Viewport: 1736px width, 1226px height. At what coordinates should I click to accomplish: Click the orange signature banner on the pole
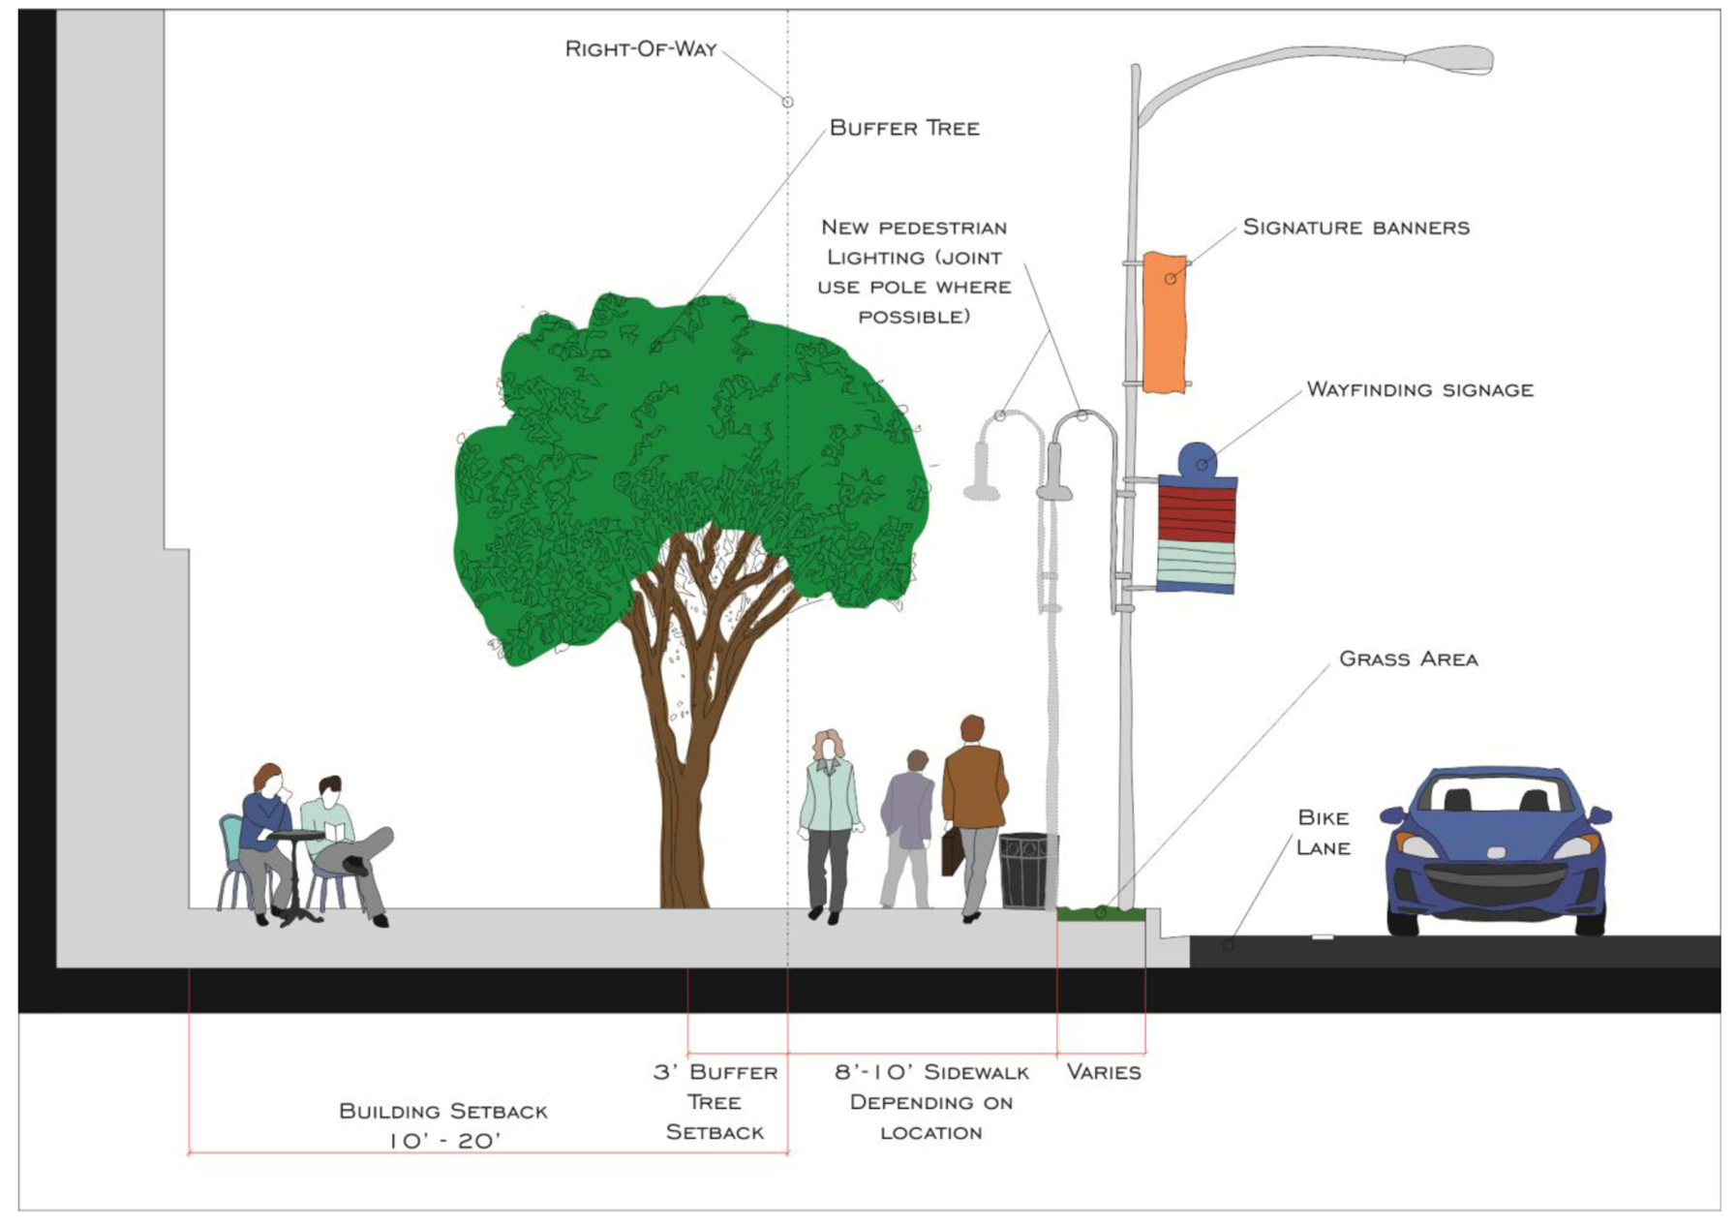tap(1164, 322)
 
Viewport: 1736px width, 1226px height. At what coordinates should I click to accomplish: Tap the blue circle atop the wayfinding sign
tap(1198, 460)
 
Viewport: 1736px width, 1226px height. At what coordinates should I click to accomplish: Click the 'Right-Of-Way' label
tap(640, 49)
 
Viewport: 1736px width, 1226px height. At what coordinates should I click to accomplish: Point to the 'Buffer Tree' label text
tap(904, 128)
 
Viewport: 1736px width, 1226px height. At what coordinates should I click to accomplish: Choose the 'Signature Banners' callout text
tap(1355, 228)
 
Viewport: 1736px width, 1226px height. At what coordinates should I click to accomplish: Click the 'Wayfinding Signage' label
tap(1419, 390)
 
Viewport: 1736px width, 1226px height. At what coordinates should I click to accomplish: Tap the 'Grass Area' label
tap(1408, 659)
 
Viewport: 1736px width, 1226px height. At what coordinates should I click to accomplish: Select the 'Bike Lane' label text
tap(1323, 833)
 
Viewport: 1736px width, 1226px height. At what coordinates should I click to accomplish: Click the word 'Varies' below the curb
tap(1103, 1072)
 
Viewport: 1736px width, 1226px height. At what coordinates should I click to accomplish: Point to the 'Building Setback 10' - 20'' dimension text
tap(443, 1125)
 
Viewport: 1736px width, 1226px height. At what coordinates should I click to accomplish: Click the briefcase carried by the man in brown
tap(952, 851)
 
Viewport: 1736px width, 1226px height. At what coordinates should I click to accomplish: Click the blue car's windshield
tap(1496, 794)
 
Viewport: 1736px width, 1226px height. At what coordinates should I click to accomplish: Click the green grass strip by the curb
tap(1101, 913)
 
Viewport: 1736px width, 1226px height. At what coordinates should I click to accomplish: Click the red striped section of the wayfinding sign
tap(1197, 513)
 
